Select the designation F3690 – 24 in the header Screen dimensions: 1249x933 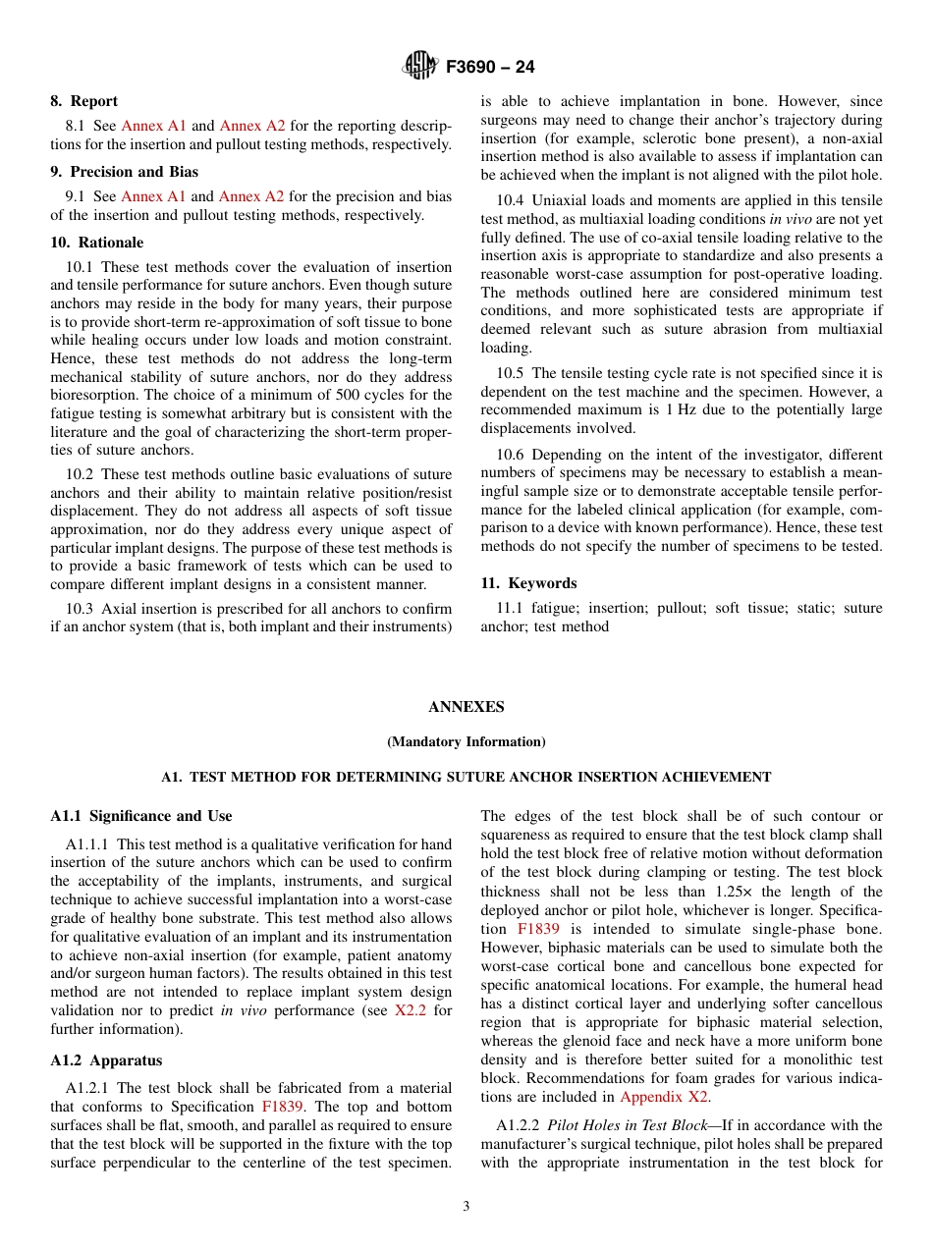pos(490,68)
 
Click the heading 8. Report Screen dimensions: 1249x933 pos(83,101)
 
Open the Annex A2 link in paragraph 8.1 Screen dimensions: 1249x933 pos(251,126)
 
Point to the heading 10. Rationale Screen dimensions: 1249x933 pos(96,243)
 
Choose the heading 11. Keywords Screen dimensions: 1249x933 pos(528,583)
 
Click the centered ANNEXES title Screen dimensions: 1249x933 pos(466,707)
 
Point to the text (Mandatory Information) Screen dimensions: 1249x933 pos(466,742)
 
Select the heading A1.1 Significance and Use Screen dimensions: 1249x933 pos(141,816)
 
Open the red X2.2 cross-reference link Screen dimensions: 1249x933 pos(410,1010)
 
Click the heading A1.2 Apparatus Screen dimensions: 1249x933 pos(106,1060)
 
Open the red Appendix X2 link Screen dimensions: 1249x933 pos(663,1097)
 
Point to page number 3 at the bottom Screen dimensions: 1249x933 pos(466,1207)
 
